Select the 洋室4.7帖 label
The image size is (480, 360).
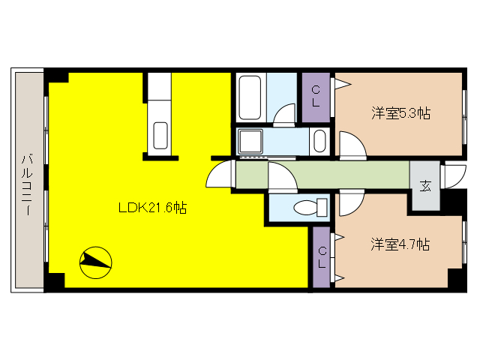pyautogui.click(x=400, y=244)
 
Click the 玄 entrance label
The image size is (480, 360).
pyautogui.click(x=425, y=186)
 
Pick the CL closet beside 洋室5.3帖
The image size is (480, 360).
pyautogui.click(x=316, y=97)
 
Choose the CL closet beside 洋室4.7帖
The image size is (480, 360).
pyautogui.click(x=321, y=257)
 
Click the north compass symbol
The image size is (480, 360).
pyautogui.click(x=95, y=261)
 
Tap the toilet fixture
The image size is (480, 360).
pyautogui.click(x=310, y=207)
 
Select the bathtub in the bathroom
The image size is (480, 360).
pyautogui.click(x=250, y=97)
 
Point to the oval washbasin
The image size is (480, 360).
pyautogui.click(x=319, y=141)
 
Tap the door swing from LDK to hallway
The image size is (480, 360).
pyautogui.click(x=220, y=176)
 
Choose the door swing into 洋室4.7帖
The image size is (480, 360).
pyautogui.click(x=351, y=204)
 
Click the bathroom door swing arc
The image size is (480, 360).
pyautogui.click(x=285, y=114)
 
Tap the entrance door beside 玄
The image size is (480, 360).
pyautogui.click(x=454, y=175)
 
